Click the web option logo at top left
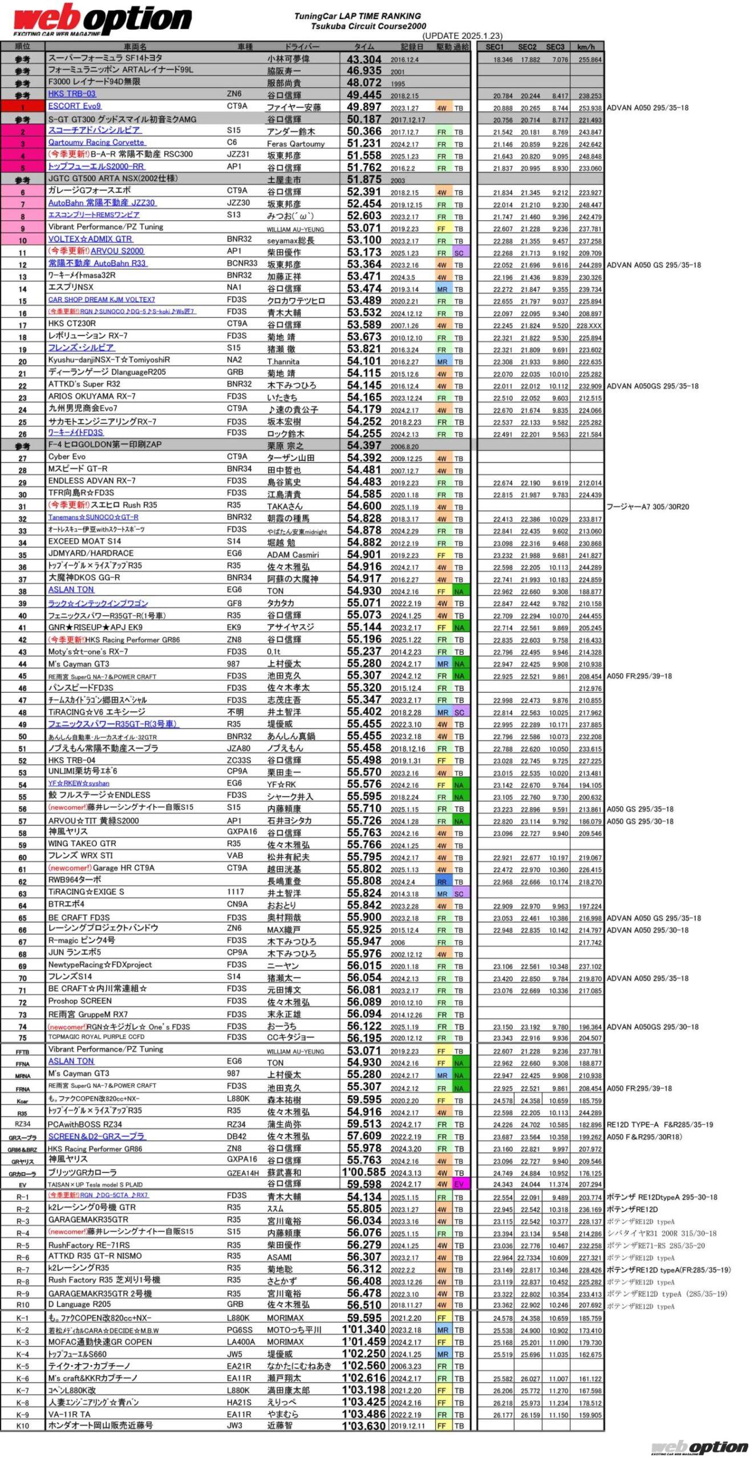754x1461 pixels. [103, 19]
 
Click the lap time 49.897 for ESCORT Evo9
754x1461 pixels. [364, 107]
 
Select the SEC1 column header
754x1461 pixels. [494, 47]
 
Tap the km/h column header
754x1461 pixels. [586, 47]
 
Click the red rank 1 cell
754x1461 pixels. [23, 107]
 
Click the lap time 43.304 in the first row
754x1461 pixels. [364, 59]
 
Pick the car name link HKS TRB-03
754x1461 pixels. [72, 94]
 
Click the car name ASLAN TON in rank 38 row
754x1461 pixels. [71, 590]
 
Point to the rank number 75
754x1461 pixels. [23, 1038]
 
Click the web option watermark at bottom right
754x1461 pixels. [699, 1447]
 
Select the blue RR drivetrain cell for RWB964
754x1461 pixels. [441, 882]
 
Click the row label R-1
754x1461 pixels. [23, 1197]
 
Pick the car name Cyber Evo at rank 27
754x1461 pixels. [67, 457]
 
